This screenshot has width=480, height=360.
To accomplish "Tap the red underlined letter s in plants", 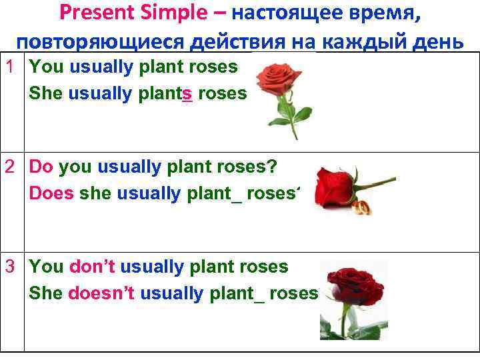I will [x=187, y=94].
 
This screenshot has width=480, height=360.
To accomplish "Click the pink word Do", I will [x=42, y=167].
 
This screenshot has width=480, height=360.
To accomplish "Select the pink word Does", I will [x=52, y=194].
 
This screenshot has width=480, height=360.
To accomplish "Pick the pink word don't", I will [x=92, y=267].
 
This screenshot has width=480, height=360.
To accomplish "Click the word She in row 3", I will [x=46, y=294].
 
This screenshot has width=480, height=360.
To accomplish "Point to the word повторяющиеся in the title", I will [x=100, y=41].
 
